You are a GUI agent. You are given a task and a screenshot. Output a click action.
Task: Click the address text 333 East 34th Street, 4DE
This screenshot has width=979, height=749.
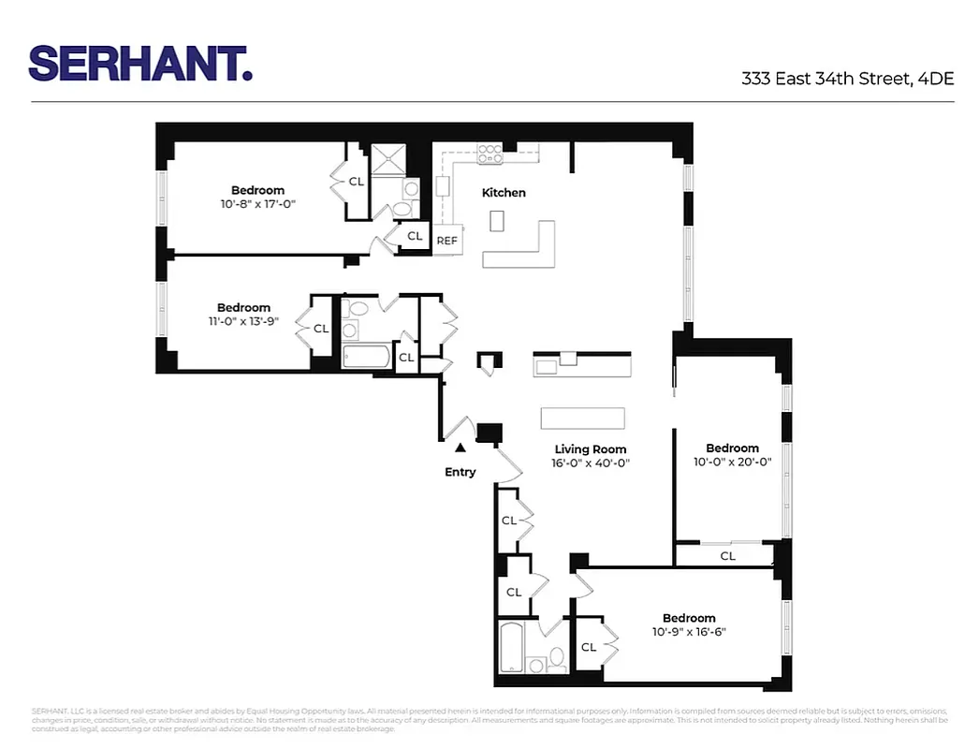(847, 79)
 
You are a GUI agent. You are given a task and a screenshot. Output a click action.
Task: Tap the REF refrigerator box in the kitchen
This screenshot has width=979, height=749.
(447, 241)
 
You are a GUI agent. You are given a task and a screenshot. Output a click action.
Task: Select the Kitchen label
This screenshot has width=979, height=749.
(504, 193)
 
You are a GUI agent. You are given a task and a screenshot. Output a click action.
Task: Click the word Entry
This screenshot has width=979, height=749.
(460, 472)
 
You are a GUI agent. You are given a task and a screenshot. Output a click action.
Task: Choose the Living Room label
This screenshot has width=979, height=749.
(590, 449)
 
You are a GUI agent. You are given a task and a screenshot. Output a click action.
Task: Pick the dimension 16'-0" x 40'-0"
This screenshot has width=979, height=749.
(590, 463)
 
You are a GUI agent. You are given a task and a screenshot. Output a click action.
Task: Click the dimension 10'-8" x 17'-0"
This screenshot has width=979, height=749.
(259, 203)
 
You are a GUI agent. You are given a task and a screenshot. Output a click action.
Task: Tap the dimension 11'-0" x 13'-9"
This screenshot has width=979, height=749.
(243, 320)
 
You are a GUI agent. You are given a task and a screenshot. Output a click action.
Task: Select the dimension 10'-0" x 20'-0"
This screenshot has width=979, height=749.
(732, 461)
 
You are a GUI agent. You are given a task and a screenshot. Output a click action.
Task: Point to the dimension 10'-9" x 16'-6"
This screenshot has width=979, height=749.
(689, 631)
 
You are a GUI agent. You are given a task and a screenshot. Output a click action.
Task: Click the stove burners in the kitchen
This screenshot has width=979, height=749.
(489, 154)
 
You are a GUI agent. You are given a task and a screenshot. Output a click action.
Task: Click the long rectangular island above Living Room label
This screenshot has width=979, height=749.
(582, 418)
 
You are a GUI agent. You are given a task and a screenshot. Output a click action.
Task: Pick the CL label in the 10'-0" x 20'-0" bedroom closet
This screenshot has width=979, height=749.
(727, 556)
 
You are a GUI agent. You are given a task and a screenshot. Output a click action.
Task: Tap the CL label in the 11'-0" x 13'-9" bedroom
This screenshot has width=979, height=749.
(321, 329)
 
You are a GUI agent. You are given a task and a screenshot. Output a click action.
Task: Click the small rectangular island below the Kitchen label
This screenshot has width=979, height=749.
(496, 221)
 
